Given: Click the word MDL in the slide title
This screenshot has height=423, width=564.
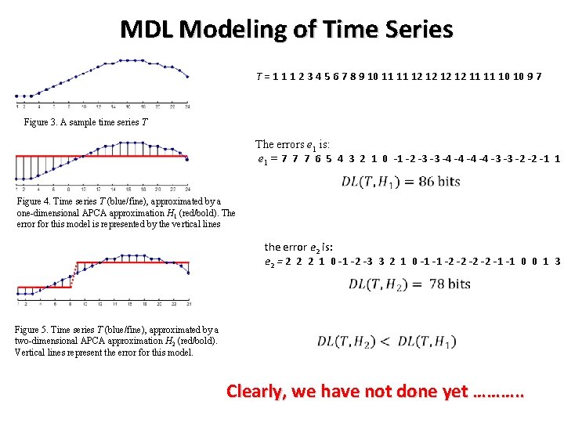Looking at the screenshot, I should (146, 30).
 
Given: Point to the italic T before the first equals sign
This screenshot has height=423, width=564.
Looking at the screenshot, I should (258, 77).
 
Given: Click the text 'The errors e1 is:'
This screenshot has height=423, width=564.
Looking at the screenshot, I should (292, 145).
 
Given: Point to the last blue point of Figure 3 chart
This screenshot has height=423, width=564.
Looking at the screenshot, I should (187, 77).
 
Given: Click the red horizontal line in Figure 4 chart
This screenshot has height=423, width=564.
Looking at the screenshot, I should (102, 158).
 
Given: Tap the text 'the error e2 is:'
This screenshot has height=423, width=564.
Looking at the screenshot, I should (301, 247).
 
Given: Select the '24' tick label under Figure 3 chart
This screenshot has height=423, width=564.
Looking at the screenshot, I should (187, 106).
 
